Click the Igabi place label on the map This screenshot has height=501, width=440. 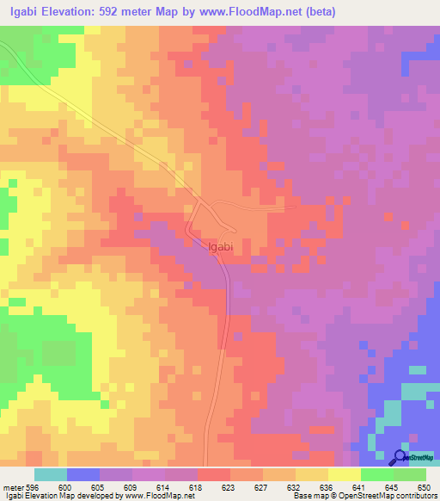click(221, 246)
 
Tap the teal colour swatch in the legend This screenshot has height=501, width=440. click(51, 474)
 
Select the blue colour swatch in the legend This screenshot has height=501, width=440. click(83, 474)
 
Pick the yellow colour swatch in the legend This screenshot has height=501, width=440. click(344, 474)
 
